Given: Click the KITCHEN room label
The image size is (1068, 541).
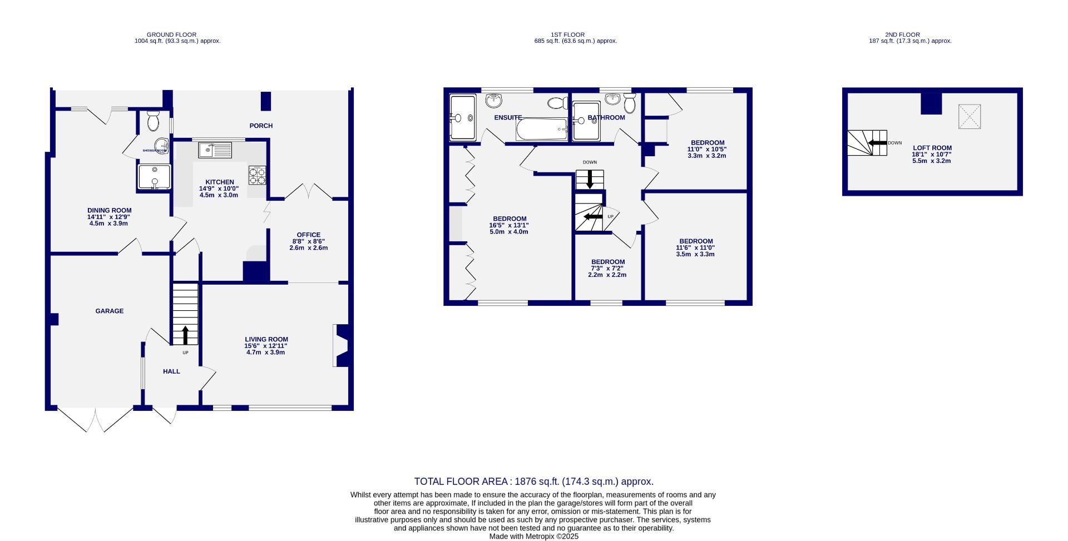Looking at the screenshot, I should click(219, 182).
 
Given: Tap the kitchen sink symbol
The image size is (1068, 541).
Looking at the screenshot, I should click(215, 150).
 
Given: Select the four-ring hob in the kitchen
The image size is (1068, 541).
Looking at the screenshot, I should click(257, 176).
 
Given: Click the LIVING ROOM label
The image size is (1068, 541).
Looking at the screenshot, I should click(266, 339).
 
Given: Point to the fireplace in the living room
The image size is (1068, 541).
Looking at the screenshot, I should click(340, 346).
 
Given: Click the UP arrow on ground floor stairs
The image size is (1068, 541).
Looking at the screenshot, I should click(185, 335).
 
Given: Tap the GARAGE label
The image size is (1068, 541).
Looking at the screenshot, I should click(109, 311).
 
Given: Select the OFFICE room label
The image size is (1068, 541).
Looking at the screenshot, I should click(308, 235).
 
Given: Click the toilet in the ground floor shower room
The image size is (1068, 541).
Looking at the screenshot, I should click(154, 120).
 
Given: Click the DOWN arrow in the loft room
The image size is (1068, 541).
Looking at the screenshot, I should click(877, 143).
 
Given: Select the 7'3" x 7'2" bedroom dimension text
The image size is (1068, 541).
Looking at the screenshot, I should click(607, 268).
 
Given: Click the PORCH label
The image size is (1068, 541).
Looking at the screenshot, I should click(261, 126).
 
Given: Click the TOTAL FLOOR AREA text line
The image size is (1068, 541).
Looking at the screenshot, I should click(533, 482).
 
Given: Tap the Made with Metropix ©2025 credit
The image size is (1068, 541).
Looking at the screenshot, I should click(533, 537).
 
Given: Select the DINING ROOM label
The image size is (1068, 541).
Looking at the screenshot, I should click(109, 211).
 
